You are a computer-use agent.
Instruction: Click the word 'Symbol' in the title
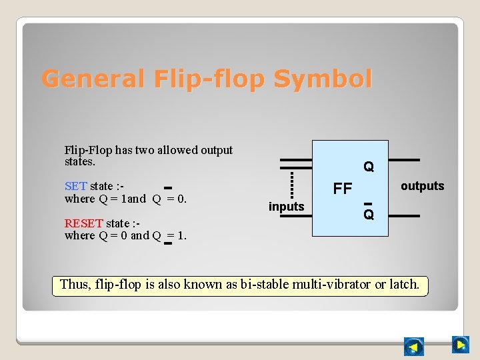click(323, 79)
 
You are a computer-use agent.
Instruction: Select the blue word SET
click(75, 186)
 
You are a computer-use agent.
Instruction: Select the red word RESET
click(84, 223)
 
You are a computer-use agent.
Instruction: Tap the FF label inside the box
click(342, 189)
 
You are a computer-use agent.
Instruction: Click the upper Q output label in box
click(369, 166)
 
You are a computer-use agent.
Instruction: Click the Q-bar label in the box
click(369, 213)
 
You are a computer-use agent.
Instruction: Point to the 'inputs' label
click(286, 207)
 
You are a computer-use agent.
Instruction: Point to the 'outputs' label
click(422, 186)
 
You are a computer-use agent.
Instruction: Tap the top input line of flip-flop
click(295, 161)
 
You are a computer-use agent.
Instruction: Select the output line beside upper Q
click(404, 160)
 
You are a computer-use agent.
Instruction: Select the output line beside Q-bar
click(404, 215)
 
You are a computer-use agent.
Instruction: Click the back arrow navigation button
click(414, 347)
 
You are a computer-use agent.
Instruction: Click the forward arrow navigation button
click(460, 345)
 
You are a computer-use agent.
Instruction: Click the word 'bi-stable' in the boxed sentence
click(264, 284)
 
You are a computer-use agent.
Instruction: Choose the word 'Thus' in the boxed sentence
click(73, 284)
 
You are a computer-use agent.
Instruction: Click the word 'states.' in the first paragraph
click(80, 162)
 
